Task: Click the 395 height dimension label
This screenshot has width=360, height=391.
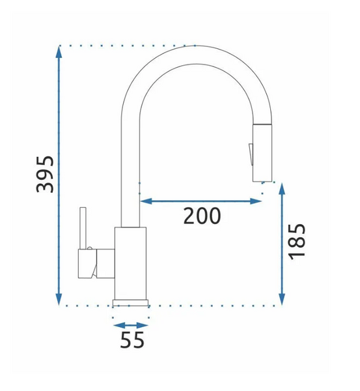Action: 45,174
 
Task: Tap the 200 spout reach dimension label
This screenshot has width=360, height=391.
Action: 202,216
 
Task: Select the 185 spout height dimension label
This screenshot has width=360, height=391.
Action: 296,242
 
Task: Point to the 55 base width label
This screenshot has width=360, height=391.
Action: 132,340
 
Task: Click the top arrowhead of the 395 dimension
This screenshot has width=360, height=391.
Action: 59,52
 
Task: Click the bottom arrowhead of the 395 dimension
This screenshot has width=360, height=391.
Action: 59,299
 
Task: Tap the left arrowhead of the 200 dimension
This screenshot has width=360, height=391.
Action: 146,201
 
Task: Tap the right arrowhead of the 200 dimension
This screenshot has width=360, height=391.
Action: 256,201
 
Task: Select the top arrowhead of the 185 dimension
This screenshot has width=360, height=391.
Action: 282,189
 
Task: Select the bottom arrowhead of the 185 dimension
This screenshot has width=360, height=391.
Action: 282,299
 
